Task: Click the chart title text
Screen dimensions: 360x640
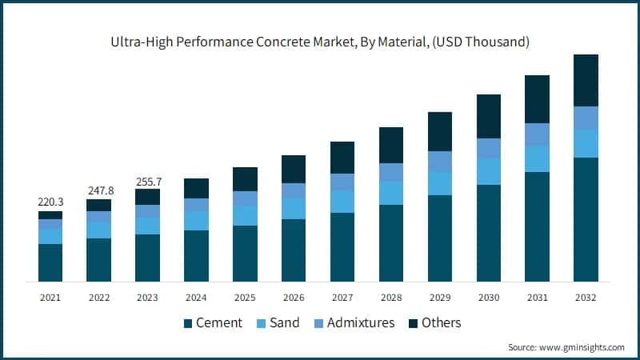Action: [x=319, y=40]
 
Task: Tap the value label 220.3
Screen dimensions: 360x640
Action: [x=50, y=203]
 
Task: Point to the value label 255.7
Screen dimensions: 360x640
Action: [x=147, y=181]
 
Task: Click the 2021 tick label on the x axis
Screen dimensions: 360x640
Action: [x=50, y=297]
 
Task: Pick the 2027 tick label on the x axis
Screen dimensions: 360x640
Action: [x=342, y=297]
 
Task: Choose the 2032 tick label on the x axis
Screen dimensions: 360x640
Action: [x=586, y=297]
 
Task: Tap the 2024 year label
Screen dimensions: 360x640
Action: [x=196, y=297]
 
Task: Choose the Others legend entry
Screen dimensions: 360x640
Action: [x=433, y=323]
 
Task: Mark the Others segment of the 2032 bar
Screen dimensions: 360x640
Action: [x=586, y=80]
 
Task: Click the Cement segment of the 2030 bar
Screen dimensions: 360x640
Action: [x=488, y=233]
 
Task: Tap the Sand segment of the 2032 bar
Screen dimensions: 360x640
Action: [x=586, y=143]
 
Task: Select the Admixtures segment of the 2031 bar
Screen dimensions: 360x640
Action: [x=537, y=134]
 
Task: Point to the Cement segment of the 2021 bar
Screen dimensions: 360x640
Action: [x=50, y=262]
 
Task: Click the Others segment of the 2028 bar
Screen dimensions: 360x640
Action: [x=391, y=145]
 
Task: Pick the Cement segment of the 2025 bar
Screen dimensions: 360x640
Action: [x=245, y=253]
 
